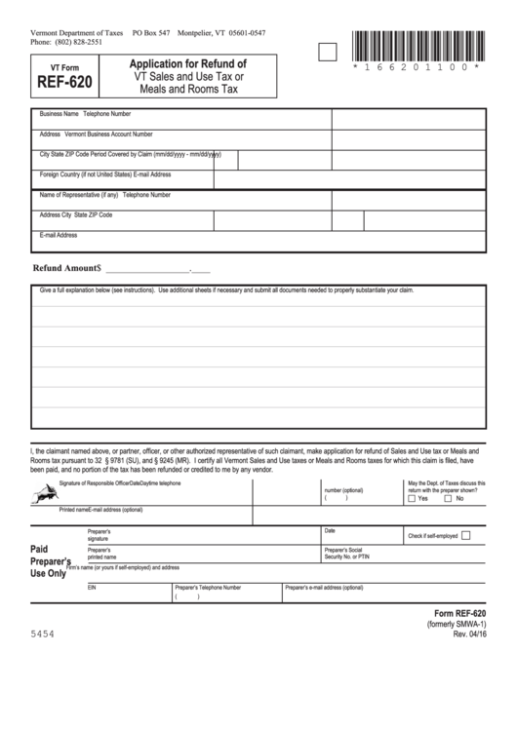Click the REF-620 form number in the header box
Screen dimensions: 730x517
[x=59, y=83]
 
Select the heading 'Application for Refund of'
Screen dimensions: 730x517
[x=181, y=63]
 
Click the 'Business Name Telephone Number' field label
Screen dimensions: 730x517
[x=85, y=114]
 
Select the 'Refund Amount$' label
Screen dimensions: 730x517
[x=67, y=267]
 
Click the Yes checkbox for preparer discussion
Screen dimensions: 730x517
[x=411, y=498]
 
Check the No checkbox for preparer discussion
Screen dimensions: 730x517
[x=449, y=498]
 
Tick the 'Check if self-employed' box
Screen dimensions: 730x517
[x=465, y=535]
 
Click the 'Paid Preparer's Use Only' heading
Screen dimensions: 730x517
[x=49, y=562]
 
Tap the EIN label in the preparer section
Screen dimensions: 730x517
[x=92, y=588]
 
